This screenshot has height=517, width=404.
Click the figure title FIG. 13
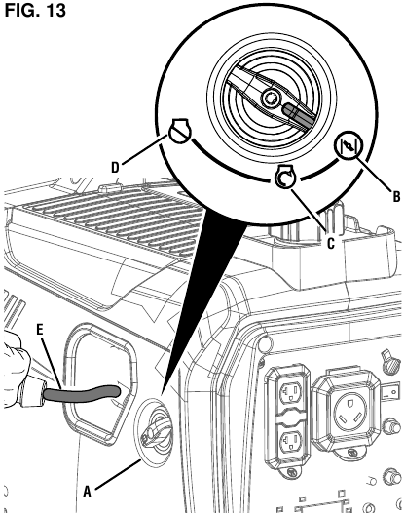pos(35,10)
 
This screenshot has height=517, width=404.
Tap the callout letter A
pos(87,492)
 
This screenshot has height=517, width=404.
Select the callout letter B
pos(396,196)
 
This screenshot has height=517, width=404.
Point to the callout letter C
pos(331,243)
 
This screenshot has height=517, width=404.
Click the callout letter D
pos(115,168)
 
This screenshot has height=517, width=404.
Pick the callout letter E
pos(40,331)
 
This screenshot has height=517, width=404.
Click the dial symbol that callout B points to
pos(349,146)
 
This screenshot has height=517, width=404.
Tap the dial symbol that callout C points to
pos(285,177)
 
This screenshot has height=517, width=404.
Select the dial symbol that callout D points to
pos(179,130)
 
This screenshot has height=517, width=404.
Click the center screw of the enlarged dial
pos(271,98)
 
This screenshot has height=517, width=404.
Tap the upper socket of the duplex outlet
pos(290,392)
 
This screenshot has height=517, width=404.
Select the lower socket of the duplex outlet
pos(290,441)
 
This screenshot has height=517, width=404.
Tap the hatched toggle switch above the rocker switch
pos(390,362)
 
